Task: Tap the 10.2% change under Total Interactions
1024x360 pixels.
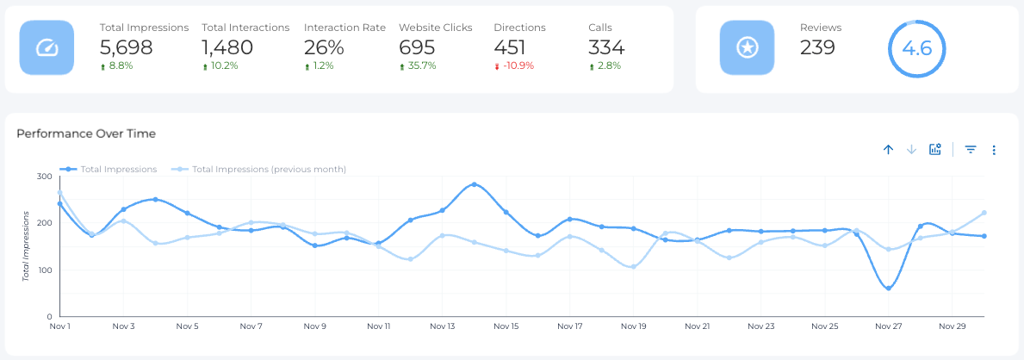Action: pos(223,65)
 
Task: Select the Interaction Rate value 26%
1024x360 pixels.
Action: pos(324,47)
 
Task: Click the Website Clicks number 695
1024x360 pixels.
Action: pos(417,47)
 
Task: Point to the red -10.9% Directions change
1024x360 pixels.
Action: pos(517,65)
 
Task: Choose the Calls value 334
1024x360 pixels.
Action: pos(606,47)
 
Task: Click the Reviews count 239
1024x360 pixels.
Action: pos(817,47)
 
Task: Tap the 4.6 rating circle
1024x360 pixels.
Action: pos(916,48)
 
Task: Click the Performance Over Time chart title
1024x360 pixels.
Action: pos(86,133)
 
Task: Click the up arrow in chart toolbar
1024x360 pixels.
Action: pos(888,150)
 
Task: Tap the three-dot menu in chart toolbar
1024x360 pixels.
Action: pos(994,150)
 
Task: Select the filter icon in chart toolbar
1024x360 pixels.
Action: pos(971,150)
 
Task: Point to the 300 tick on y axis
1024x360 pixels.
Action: pos(44,177)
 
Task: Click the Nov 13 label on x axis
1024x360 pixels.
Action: pos(443,326)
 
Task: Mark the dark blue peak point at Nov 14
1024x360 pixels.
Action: pos(475,184)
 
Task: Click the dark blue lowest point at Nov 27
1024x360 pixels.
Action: pos(888,288)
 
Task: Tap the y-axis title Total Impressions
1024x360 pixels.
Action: pos(27,245)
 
